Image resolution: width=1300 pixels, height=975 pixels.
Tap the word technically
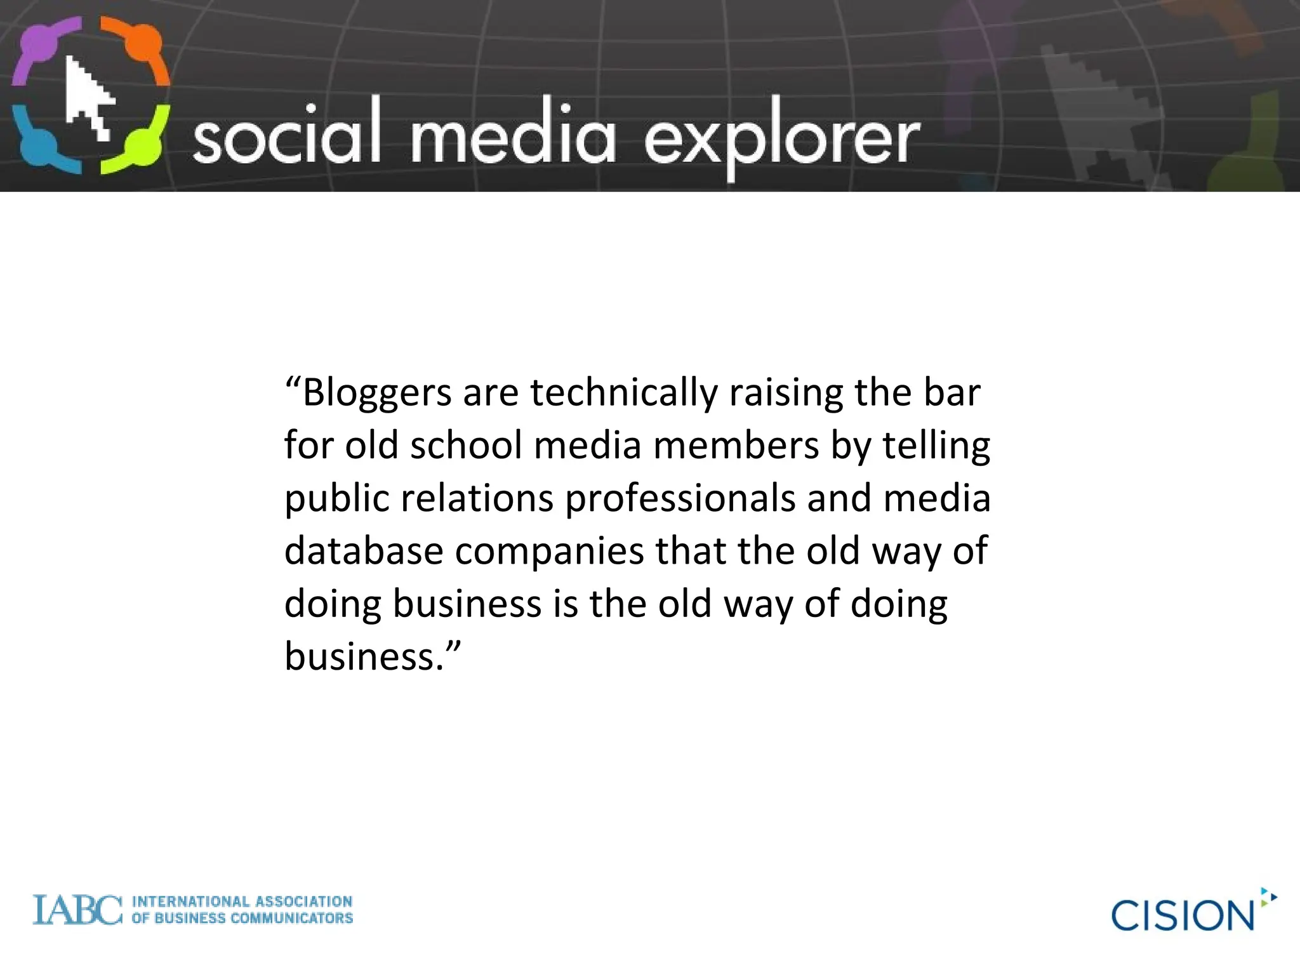click(x=624, y=394)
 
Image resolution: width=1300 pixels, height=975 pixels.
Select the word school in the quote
click(x=466, y=446)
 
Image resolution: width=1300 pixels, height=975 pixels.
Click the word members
click(x=736, y=446)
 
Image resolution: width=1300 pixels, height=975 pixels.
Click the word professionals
click(x=680, y=499)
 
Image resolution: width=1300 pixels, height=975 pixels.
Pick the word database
click(x=364, y=550)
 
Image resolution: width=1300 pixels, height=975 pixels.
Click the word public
click(x=336, y=499)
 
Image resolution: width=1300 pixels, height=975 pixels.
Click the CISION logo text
click(x=1182, y=915)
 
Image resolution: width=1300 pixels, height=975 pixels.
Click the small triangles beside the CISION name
click(x=1268, y=897)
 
